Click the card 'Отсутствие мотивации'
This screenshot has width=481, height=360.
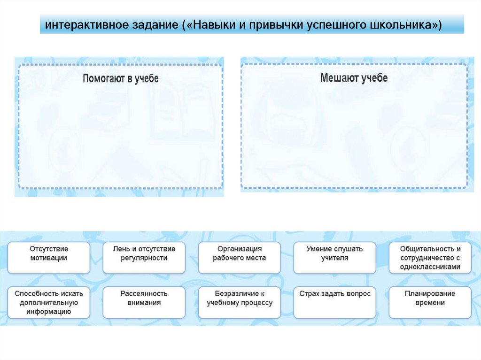point(49,257)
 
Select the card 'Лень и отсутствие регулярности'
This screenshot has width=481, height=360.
point(144,257)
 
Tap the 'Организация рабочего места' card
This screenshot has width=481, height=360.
point(240,257)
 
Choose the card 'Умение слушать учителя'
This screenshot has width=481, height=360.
point(335,257)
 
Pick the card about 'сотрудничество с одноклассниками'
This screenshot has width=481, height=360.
point(430,257)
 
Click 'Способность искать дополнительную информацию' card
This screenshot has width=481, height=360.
point(49,302)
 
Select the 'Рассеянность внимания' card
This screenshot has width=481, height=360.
point(144,302)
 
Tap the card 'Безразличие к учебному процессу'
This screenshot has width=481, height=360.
point(240,302)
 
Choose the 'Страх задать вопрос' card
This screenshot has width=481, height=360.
point(335,302)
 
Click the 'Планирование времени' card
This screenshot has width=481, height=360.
point(430,302)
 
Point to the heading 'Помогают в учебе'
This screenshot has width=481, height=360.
point(121,78)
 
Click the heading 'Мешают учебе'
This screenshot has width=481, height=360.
point(354,78)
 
